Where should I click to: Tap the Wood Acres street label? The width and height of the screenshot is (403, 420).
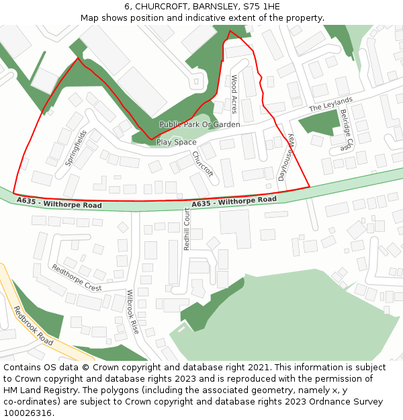tap(234, 94)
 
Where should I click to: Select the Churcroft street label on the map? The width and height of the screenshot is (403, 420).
tap(202, 163)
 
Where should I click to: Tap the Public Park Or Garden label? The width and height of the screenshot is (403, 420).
tap(199, 124)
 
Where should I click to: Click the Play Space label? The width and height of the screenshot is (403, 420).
tap(176, 142)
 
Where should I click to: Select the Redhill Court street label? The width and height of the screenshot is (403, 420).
tap(187, 229)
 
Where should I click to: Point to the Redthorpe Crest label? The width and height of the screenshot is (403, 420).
tap(77, 278)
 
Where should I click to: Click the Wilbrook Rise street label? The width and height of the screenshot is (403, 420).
tap(132, 312)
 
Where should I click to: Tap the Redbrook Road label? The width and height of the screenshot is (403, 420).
tap(33, 326)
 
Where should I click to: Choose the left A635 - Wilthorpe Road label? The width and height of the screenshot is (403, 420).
tap(59, 202)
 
